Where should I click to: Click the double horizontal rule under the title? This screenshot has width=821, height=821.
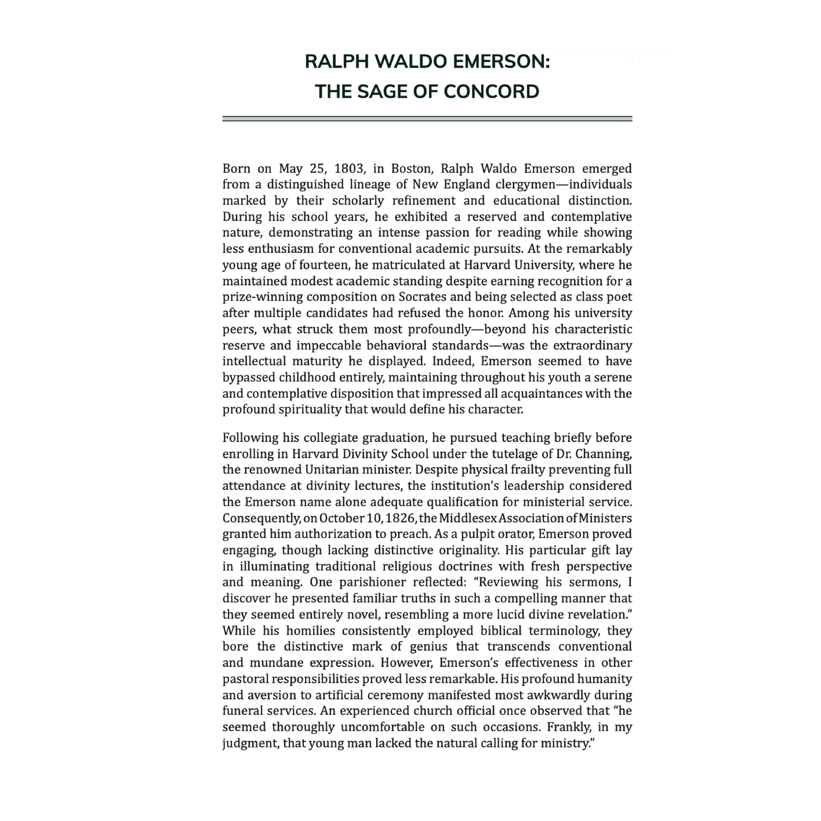pyautogui.click(x=427, y=119)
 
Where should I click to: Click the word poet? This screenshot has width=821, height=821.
pyautogui.click(x=620, y=297)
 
